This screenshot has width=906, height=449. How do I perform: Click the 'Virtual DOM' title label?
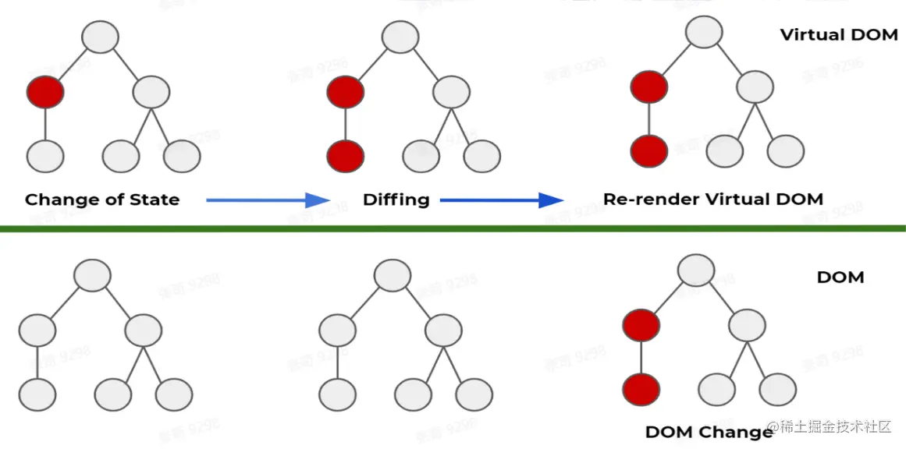(x=839, y=35)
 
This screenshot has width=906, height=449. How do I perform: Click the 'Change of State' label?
(x=102, y=200)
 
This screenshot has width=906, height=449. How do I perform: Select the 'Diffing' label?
(x=396, y=200)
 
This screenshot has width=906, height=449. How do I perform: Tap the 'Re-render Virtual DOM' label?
(x=712, y=199)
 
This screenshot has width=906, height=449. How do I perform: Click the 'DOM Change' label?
(x=709, y=432)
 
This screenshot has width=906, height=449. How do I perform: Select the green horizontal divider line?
(x=453, y=228)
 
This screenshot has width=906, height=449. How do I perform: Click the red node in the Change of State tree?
(x=45, y=93)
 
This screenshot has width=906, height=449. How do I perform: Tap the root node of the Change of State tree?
(x=100, y=37)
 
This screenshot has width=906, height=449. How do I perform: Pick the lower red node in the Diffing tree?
(x=346, y=156)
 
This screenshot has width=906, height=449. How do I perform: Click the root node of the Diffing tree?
(x=400, y=37)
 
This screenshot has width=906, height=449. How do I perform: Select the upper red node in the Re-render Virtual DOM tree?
(x=649, y=87)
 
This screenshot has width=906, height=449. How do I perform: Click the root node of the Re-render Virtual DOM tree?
(x=704, y=32)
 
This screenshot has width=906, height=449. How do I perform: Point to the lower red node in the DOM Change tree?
(x=641, y=387)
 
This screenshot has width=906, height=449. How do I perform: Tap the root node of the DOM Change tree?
(x=696, y=270)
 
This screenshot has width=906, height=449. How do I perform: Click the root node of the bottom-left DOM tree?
(x=92, y=275)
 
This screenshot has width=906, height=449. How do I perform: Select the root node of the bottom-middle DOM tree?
(x=393, y=275)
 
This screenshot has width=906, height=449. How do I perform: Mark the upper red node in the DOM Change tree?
(x=641, y=325)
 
